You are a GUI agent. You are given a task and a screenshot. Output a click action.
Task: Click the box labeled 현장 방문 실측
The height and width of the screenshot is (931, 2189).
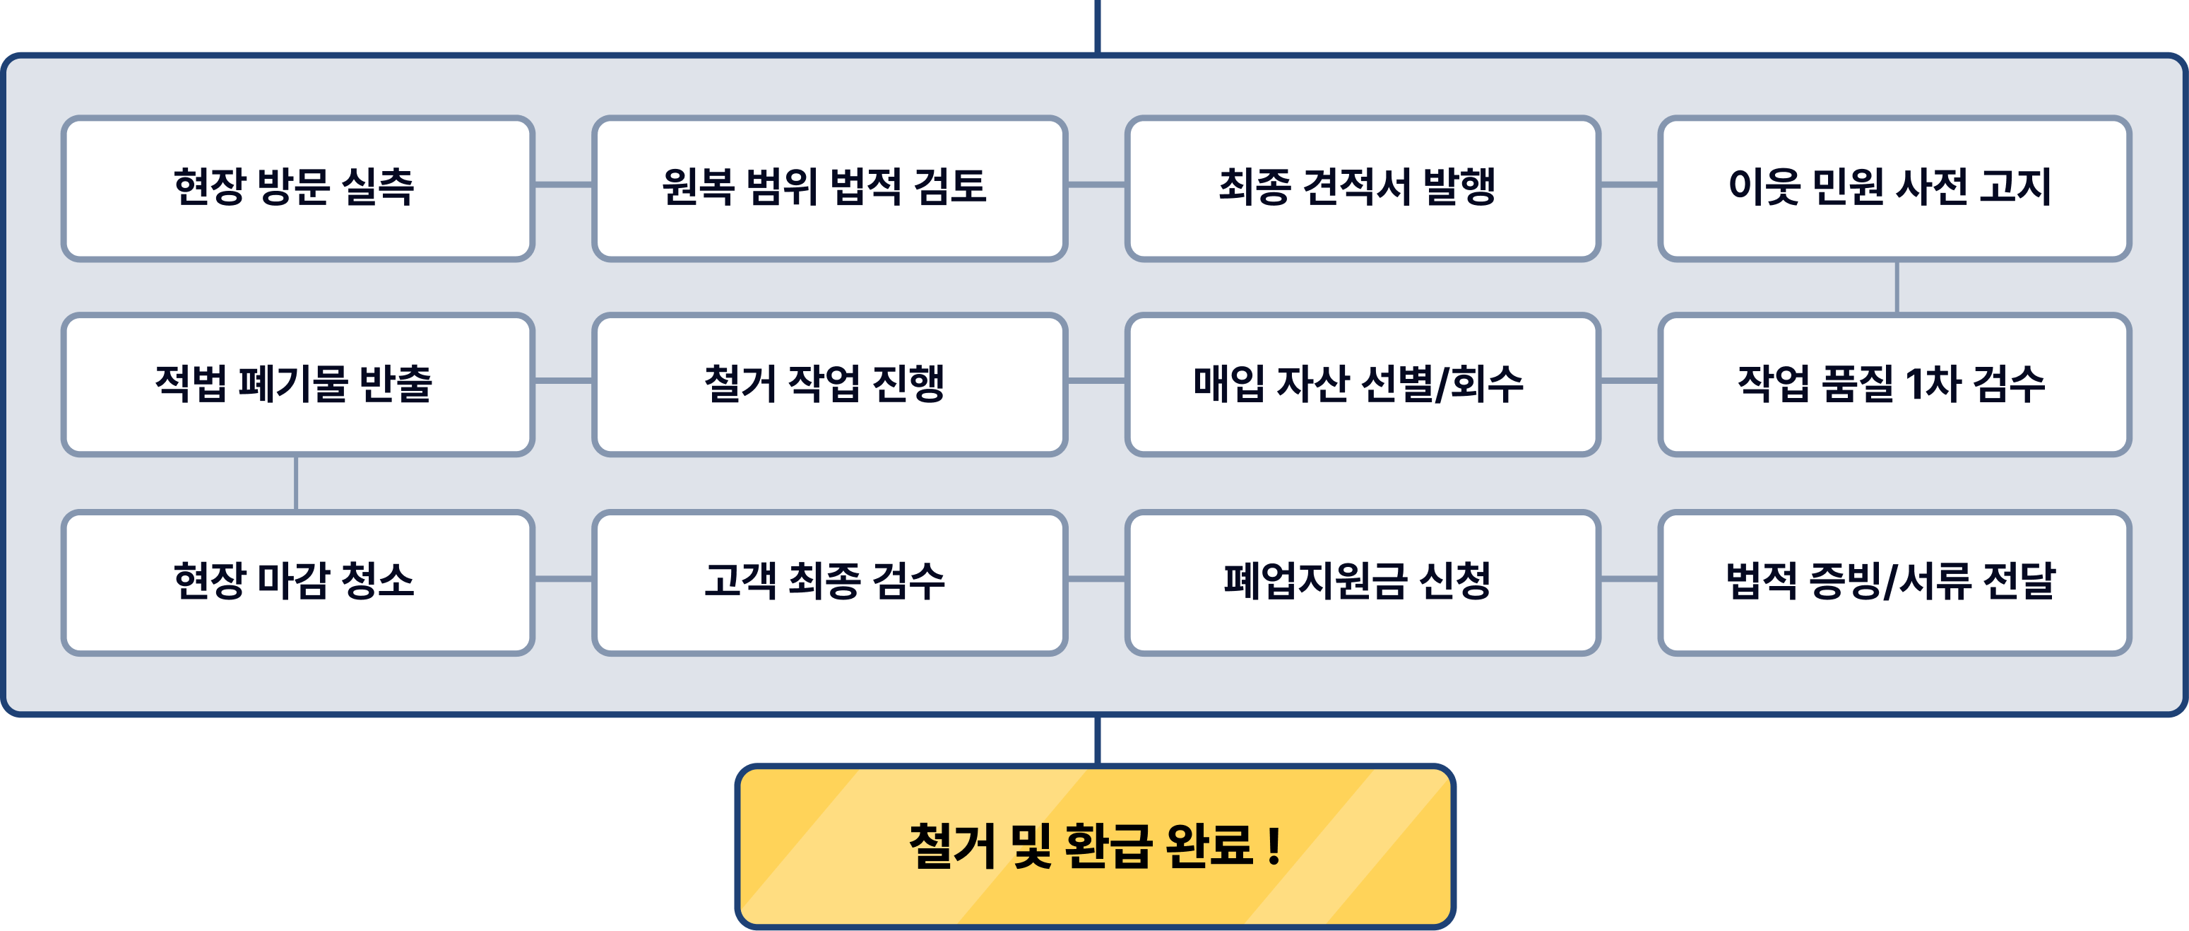(297, 188)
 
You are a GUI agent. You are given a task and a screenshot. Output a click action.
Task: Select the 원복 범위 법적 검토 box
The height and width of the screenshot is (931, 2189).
(829, 188)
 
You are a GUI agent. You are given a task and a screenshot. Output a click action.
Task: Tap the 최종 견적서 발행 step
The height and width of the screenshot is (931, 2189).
(1362, 188)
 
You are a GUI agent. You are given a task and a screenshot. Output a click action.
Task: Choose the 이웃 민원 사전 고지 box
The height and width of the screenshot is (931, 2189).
(1894, 188)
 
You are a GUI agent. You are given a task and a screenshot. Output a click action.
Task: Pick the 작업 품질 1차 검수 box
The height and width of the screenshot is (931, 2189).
(1894, 385)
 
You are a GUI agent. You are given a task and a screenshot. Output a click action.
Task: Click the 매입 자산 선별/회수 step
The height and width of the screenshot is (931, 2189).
(1362, 385)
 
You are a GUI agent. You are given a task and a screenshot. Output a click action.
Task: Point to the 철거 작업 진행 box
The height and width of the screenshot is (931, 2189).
(829, 385)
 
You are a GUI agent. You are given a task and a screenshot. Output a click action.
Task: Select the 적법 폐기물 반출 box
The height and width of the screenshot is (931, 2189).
(297, 385)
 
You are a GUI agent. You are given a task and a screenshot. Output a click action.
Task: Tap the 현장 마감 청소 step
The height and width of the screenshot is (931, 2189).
(297, 582)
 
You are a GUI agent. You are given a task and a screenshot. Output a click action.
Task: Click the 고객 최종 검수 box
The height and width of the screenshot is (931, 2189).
(829, 582)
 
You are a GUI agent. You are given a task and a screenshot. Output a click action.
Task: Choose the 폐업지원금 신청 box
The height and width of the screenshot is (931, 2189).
(1362, 582)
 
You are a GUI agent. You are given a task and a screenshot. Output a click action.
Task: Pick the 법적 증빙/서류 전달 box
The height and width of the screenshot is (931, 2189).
(1894, 582)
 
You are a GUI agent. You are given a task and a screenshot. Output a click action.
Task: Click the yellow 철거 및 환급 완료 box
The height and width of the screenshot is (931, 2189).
(1095, 846)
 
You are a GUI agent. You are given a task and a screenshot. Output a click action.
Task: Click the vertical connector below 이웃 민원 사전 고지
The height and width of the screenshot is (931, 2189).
(1897, 288)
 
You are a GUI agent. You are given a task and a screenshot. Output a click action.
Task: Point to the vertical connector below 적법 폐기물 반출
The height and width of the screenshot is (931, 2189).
(296, 483)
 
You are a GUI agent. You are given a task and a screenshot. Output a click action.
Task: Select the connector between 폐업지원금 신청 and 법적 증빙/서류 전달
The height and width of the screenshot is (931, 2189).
(1629, 579)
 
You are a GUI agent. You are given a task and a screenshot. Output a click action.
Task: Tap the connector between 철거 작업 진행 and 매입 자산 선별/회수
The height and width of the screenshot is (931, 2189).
(1096, 382)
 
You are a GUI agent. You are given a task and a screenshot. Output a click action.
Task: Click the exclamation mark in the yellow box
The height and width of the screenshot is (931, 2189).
(1273, 847)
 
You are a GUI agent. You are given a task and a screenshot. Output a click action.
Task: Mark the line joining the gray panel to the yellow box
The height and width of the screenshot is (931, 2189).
(1098, 739)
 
